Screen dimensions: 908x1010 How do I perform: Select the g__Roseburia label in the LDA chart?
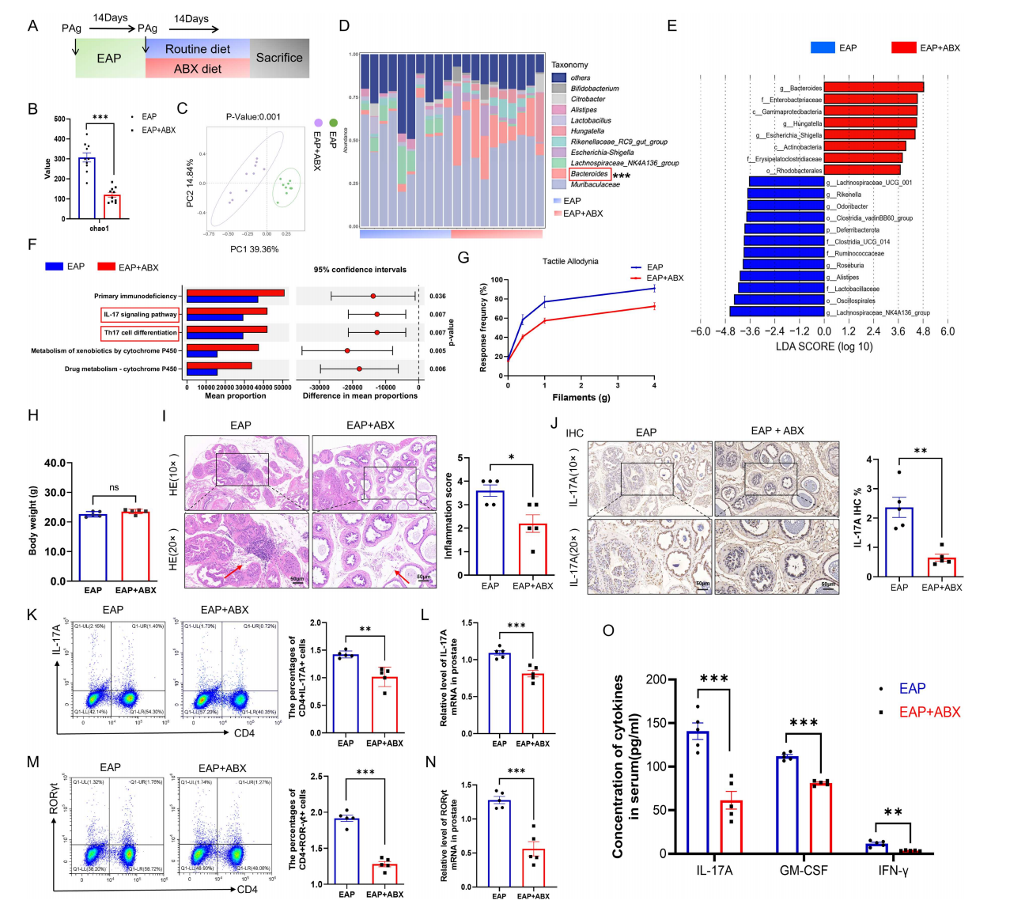(845, 266)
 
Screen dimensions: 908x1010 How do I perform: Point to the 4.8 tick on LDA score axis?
(923, 331)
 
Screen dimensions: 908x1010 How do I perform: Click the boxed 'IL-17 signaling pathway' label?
(140, 314)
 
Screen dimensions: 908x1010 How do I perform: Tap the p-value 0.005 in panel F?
(437, 350)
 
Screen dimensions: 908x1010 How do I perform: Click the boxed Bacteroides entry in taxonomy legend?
(589, 174)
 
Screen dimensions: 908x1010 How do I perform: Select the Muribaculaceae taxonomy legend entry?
(595, 185)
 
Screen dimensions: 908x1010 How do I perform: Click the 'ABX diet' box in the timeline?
(198, 69)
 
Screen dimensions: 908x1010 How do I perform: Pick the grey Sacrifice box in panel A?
(279, 58)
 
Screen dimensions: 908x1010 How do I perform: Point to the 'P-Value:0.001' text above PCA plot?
(253, 117)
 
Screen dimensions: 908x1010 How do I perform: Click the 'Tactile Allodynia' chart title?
(570, 261)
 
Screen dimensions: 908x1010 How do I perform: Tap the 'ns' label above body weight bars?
(114, 487)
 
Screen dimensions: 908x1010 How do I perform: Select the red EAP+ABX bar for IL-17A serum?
(731, 827)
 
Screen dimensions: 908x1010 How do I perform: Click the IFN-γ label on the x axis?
(892, 871)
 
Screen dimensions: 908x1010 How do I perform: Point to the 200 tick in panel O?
(655, 679)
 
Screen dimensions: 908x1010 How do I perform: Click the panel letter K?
(32, 615)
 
